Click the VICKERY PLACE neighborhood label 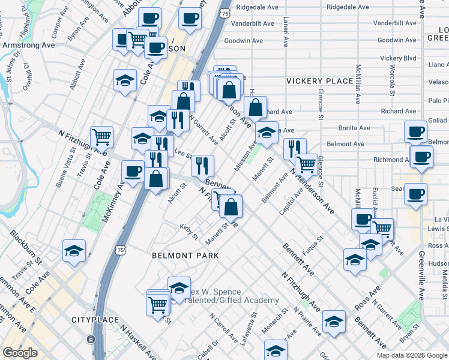(320, 81)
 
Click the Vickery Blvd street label (398, 58)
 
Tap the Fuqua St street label (314, 246)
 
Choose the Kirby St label (188, 231)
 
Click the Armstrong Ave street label (28, 45)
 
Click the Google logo (20, 353)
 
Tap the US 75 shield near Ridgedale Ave (223, 13)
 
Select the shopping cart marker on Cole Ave (102, 137)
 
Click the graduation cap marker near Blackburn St (74, 251)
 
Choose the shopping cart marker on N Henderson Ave (306, 164)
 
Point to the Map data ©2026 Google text (412, 355)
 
